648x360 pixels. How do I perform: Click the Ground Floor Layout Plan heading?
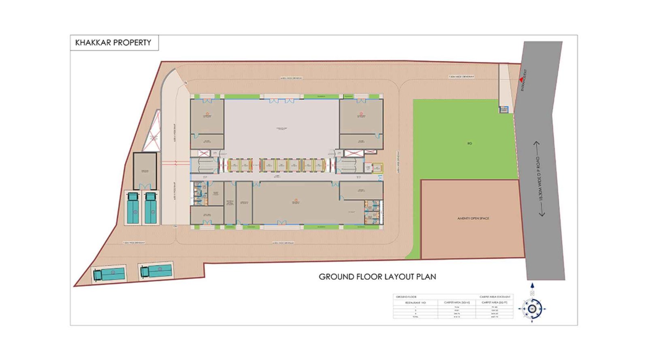coord(377,277)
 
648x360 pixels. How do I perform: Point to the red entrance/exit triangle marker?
coord(521,80)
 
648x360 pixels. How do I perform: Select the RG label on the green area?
coord(469,143)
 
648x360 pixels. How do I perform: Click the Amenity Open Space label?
coord(473,218)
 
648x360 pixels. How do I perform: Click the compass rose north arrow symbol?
coord(532,309)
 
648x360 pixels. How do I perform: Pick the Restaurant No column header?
coord(415,302)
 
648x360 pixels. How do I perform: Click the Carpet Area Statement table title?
coord(495,297)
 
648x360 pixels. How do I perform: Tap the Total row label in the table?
coord(415,317)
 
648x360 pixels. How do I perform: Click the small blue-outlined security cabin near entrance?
coord(503,109)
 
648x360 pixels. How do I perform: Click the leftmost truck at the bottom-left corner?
coord(109,274)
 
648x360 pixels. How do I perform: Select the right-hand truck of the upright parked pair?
coord(151,208)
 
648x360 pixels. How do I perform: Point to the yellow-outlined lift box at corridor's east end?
coord(377,168)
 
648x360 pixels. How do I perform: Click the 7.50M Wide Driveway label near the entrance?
coord(461,77)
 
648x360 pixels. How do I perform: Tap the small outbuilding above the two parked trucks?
coord(145,170)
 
